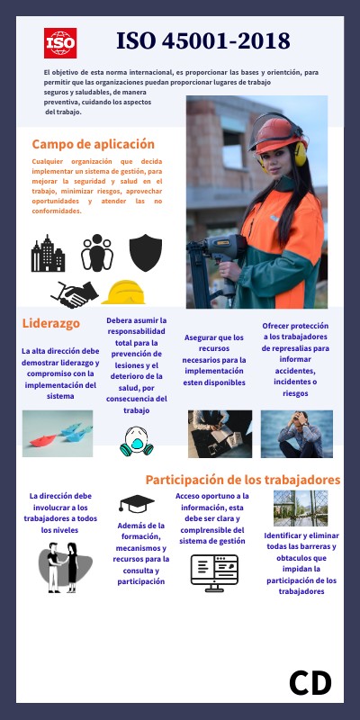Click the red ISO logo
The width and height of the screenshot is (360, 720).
tap(60, 42)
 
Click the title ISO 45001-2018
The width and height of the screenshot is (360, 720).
tap(203, 40)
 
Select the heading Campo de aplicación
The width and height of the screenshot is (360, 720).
tap(94, 144)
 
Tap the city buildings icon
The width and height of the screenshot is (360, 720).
tap(48, 254)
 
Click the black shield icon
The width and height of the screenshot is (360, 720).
tap(144, 253)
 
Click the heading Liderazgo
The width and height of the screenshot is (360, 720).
tap(51, 322)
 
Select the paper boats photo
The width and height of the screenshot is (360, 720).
tap(58, 435)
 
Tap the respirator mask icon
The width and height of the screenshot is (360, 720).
tap(134, 438)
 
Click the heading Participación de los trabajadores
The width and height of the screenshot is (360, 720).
tap(243, 480)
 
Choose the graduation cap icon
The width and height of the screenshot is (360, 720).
tap(137, 503)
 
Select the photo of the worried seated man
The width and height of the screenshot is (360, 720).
tap(296, 435)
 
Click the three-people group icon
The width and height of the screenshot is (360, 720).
tap(97, 253)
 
